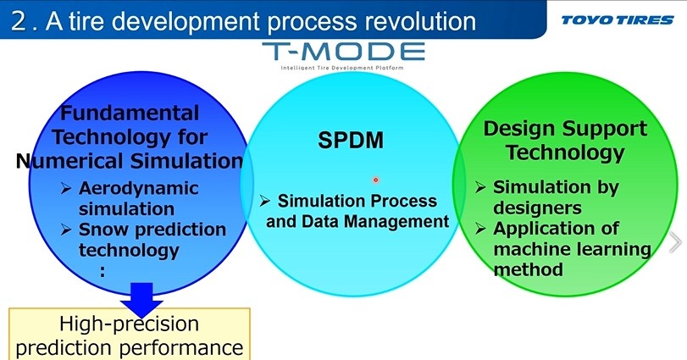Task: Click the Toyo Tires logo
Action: pos(618,20)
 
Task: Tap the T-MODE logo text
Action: pos(344,51)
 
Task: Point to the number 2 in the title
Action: pos(19,21)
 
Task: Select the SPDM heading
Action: pos(351,140)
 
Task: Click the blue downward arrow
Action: pos(141,300)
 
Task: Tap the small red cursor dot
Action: pos(375,180)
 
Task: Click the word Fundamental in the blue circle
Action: pos(130,113)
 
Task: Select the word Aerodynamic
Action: pos(138,189)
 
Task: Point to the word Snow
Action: pos(103,230)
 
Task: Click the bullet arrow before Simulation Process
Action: pos(264,201)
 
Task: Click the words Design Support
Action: pos(565,129)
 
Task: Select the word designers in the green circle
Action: pos(537,208)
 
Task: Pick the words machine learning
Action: pos(572,249)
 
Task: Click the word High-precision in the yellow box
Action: pos(130,324)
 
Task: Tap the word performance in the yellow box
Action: pos(181,348)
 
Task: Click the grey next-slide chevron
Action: pos(676,242)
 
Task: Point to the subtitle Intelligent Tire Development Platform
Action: pos(341,68)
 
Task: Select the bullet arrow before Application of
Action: pos(480,229)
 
